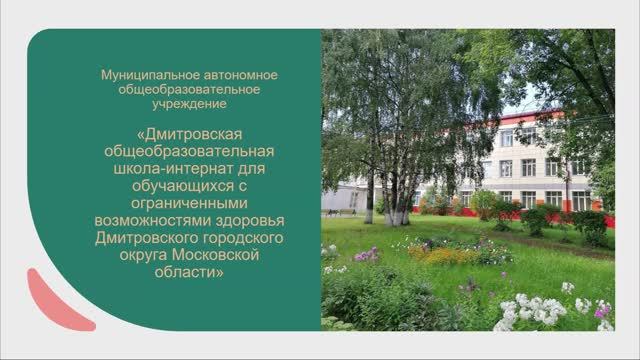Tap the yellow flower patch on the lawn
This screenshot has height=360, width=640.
[x=441, y=255]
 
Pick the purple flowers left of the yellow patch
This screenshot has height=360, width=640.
[x=366, y=255]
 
